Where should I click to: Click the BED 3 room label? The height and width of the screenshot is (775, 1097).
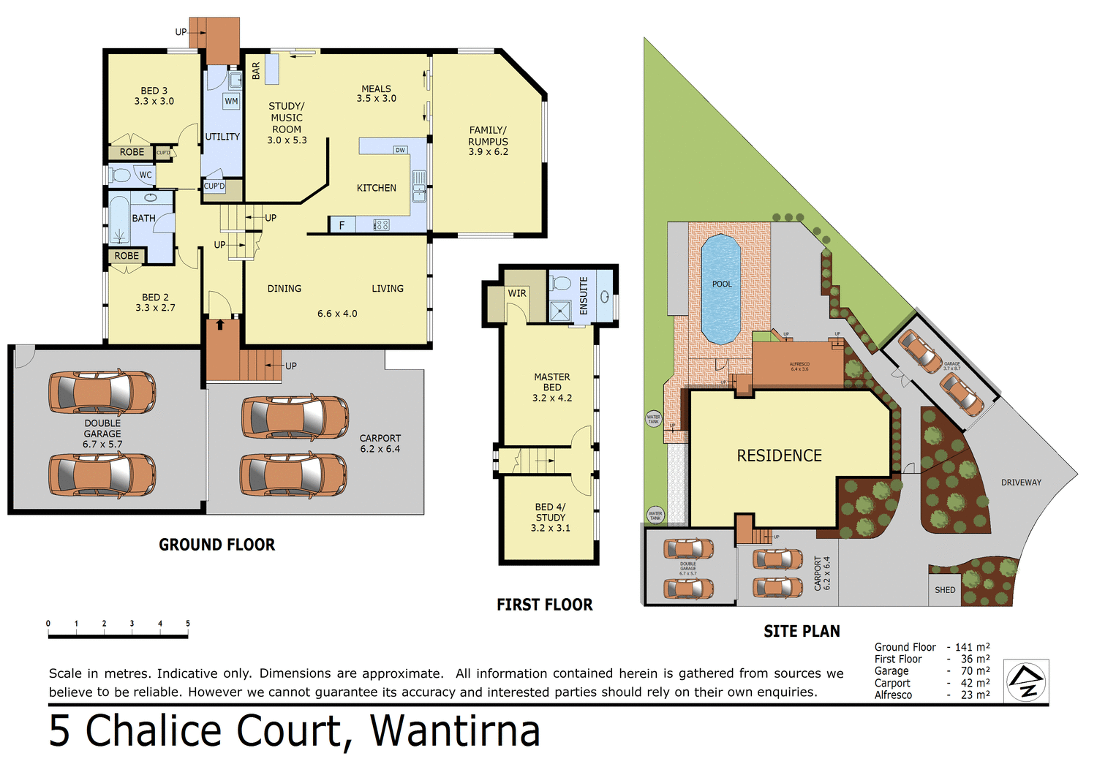click(154, 96)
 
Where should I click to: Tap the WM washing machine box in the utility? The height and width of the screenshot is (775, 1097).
click(231, 102)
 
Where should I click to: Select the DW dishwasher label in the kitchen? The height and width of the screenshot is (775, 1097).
click(400, 150)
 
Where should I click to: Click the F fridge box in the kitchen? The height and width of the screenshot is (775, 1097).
click(342, 225)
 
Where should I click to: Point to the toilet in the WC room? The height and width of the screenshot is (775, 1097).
click(121, 175)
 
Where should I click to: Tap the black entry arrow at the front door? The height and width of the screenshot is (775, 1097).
click(220, 324)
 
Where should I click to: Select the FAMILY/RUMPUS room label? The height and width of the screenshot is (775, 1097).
click(488, 140)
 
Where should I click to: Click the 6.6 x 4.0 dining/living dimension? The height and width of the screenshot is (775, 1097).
click(337, 314)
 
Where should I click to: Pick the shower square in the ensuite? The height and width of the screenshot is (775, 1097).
click(560, 311)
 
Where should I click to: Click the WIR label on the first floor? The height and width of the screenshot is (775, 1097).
click(517, 293)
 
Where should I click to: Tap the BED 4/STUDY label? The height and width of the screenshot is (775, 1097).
click(551, 517)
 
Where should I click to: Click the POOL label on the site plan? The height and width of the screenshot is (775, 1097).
click(722, 284)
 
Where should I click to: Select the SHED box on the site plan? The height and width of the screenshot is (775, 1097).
click(945, 590)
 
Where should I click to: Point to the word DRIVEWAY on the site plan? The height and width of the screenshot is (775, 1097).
click(1021, 483)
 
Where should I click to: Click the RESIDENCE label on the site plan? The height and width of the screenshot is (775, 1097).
click(779, 455)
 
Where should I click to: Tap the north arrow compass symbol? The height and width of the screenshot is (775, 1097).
click(1026, 681)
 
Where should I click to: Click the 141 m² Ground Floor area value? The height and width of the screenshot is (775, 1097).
click(972, 647)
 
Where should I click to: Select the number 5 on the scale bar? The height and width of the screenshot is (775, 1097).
click(188, 624)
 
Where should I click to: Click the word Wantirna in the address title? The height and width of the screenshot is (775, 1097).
click(455, 731)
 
